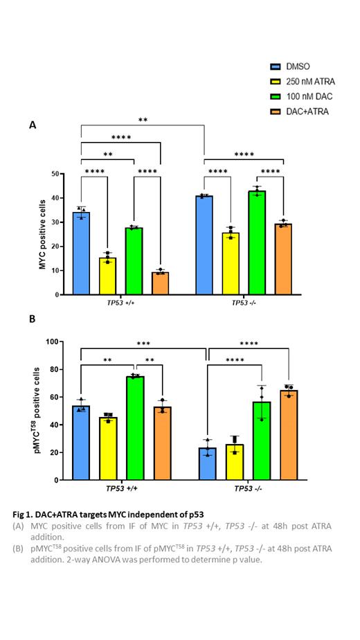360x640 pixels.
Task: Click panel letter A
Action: pyautogui.click(x=32, y=125)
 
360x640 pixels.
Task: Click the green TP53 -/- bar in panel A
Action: pyautogui.click(x=256, y=242)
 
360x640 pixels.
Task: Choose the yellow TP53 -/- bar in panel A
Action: pyautogui.click(x=230, y=264)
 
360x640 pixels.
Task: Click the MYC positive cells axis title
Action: pyautogui.click(x=42, y=233)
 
